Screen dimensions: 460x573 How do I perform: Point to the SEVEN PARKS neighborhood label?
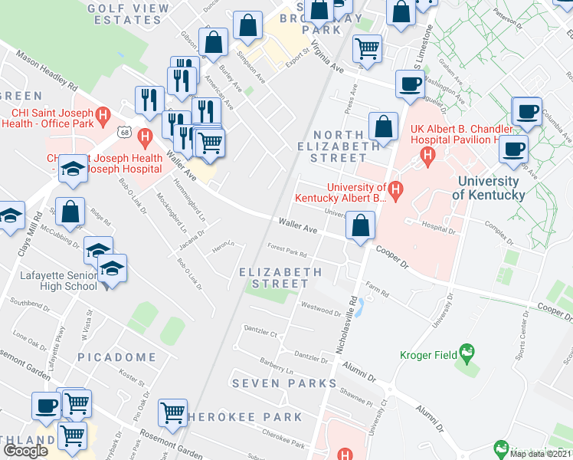coord(284,383)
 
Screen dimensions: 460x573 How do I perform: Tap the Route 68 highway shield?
coord(123,133)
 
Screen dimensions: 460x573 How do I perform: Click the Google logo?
coord(25,451)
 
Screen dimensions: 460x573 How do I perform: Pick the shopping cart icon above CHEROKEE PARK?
coord(173,412)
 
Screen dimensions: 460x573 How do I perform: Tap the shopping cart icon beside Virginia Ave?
coord(367,48)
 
